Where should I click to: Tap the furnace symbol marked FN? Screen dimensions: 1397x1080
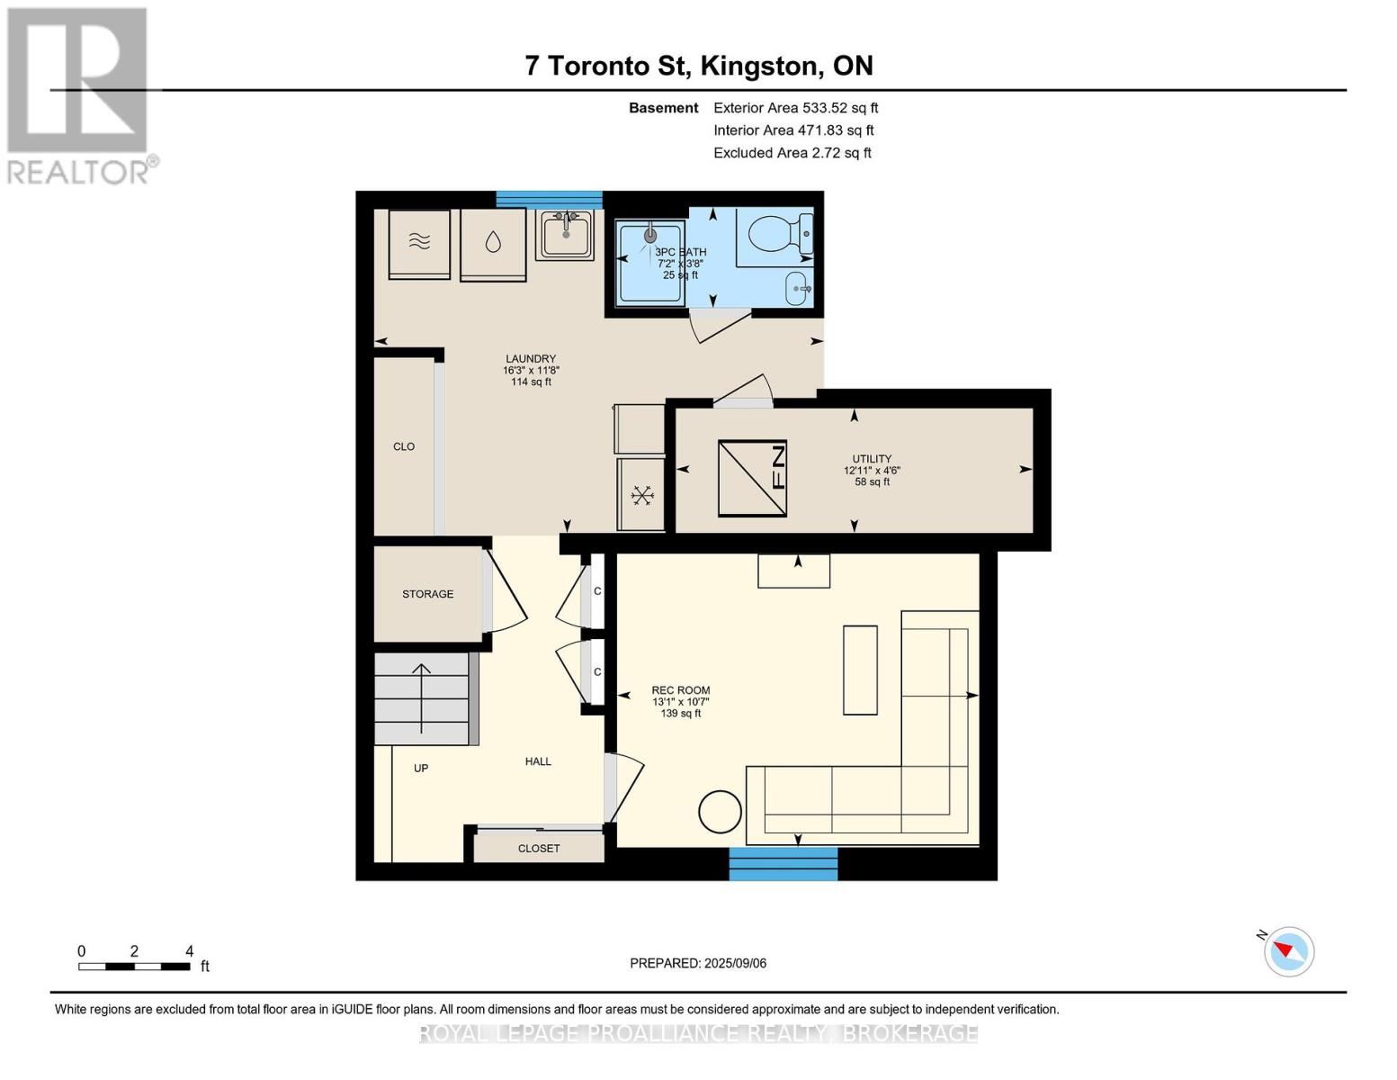[x=752, y=478]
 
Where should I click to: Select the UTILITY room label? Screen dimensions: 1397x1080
[x=872, y=459]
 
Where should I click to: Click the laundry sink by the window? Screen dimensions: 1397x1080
[x=565, y=235]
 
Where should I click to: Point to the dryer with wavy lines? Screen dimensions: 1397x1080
[x=419, y=244]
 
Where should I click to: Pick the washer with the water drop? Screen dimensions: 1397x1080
[x=493, y=245]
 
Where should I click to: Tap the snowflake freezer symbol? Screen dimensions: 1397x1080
[x=641, y=495]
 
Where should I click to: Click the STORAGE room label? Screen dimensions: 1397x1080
[x=427, y=594]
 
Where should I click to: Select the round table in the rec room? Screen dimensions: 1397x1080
[x=720, y=812]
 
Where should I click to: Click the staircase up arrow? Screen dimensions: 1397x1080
[x=421, y=697]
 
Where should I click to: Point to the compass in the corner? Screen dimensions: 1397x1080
[x=1288, y=951]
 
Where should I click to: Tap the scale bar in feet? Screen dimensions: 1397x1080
[x=134, y=966]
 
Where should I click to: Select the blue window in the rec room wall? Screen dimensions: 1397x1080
[x=783, y=863]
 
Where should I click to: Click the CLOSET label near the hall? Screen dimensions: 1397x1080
[x=539, y=849]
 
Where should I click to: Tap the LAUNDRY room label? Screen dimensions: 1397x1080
[x=531, y=358]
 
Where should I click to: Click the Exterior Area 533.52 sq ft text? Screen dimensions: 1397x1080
[x=795, y=108]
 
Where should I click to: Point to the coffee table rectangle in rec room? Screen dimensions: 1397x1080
[x=860, y=670]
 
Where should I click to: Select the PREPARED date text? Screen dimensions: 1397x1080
[x=698, y=963]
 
